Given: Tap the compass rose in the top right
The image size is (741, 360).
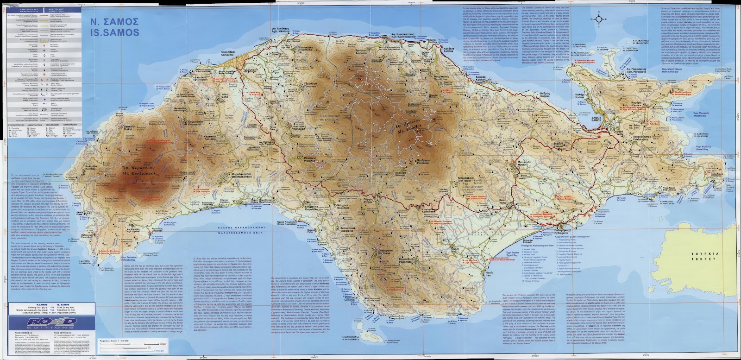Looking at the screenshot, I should [x=600, y=19].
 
